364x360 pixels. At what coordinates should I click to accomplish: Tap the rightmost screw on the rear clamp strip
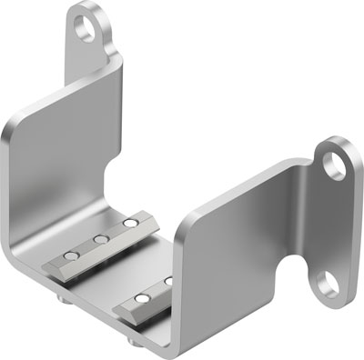tap(130, 222)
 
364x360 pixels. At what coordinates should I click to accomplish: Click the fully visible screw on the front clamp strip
tap(141, 297)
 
